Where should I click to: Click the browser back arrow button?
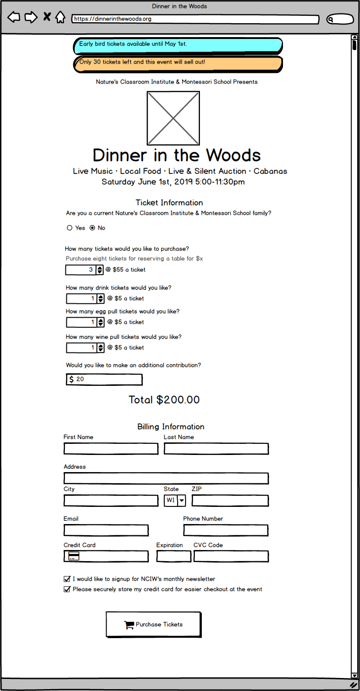[14, 18]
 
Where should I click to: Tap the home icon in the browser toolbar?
[60, 18]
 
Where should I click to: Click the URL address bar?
[195, 19]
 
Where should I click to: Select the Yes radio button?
[70, 228]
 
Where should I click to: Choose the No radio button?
[92, 228]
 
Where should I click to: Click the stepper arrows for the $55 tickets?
[100, 270]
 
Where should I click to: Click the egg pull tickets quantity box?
[81, 322]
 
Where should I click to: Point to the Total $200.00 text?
[164, 400]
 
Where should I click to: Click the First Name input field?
[111, 448]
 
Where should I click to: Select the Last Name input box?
[216, 448]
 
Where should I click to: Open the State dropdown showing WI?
[175, 500]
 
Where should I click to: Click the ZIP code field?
[230, 500]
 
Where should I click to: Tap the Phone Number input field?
[225, 530]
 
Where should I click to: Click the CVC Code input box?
[231, 556]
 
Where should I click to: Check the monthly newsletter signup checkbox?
[67, 579]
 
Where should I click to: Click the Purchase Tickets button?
[154, 624]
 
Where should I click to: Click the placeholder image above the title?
[174, 118]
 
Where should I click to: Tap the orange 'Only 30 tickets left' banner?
[178, 64]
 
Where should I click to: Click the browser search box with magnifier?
[340, 19]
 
